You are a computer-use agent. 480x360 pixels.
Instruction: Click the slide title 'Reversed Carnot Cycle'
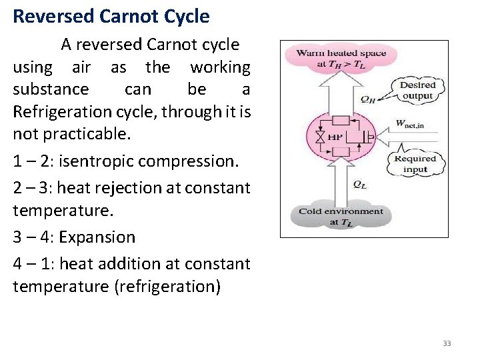111,15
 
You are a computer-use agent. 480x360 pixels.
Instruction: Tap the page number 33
447,343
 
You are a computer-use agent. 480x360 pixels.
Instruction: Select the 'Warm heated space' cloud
340,59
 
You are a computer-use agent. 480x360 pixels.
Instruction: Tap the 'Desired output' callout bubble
417,91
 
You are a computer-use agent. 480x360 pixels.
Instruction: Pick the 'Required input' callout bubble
415,164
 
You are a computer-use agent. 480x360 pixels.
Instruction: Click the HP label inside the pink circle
336,137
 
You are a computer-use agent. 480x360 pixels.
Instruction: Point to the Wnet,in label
411,123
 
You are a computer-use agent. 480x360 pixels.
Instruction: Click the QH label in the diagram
367,98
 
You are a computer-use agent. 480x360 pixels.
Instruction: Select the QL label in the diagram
359,185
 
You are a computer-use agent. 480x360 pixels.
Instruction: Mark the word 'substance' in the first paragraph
51,89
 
